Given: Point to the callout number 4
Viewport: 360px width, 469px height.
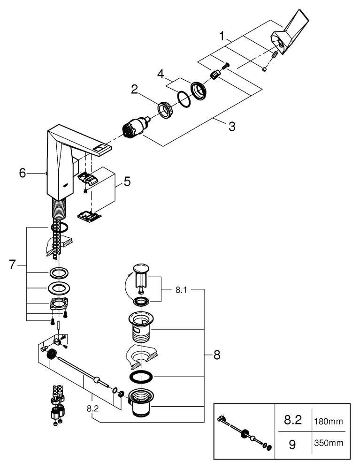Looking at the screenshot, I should (161, 74).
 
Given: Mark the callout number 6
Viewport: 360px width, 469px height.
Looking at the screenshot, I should (22, 173).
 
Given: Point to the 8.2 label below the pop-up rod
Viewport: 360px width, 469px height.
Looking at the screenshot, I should (92, 408).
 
